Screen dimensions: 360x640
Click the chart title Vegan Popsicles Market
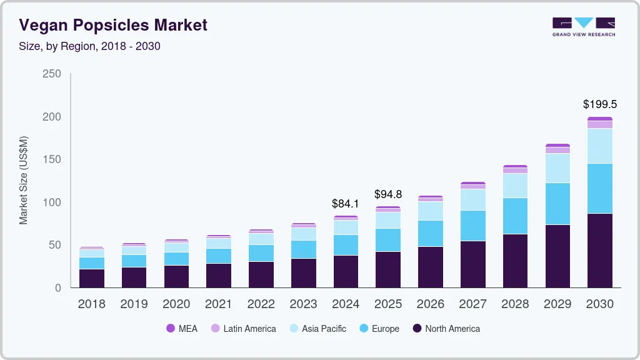pyautogui.click(x=112, y=26)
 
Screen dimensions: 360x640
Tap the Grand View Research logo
pyautogui.click(x=583, y=27)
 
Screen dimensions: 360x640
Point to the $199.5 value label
pyautogui.click(x=599, y=104)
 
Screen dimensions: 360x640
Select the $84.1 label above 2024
pyautogui.click(x=346, y=203)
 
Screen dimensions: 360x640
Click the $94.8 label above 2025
pyautogui.click(x=388, y=194)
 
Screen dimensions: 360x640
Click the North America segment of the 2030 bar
pyautogui.click(x=599, y=250)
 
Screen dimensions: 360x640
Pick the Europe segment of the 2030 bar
pyautogui.click(x=599, y=188)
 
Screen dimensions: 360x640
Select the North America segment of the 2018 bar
pyautogui.click(x=92, y=278)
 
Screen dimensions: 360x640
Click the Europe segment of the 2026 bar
pyautogui.click(x=431, y=233)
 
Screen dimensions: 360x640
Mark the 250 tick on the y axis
pyautogui.click(x=52, y=74)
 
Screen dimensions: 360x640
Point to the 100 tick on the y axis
pyautogui.click(x=52, y=202)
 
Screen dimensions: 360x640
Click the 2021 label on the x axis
pyautogui.click(x=219, y=304)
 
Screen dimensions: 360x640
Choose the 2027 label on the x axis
pyautogui.click(x=472, y=304)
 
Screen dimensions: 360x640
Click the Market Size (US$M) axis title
pyautogui.click(x=24, y=180)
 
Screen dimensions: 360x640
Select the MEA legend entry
pyautogui.click(x=182, y=329)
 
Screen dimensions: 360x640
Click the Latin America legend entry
pyautogui.click(x=243, y=329)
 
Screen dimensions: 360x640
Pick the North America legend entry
pyautogui.click(x=446, y=329)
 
